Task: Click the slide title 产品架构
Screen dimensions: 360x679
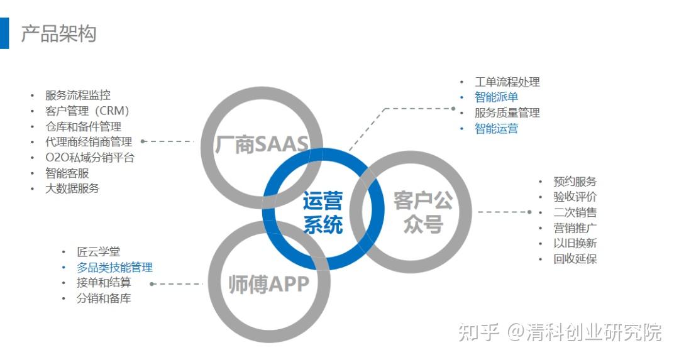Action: tap(58, 33)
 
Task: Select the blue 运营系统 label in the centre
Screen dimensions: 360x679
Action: tap(323, 212)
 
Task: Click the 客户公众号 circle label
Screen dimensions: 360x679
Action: tap(423, 212)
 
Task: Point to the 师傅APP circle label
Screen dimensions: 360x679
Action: tap(268, 284)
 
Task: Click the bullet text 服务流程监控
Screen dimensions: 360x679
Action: tap(77, 95)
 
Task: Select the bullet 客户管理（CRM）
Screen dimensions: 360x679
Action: tap(87, 111)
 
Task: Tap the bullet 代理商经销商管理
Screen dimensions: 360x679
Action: tap(88, 142)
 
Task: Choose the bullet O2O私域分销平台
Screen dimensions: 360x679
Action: tap(89, 158)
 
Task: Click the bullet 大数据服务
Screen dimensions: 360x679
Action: tap(72, 188)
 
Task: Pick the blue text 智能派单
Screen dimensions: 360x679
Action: tap(496, 97)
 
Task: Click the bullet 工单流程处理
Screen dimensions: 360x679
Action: tap(507, 82)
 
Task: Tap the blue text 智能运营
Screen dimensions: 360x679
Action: tap(496, 129)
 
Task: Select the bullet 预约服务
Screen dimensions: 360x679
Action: tap(575, 182)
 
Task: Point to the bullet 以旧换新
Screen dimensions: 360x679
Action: tap(575, 243)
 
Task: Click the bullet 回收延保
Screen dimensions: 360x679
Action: tap(575, 259)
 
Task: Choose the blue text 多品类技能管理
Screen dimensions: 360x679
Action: tap(114, 268)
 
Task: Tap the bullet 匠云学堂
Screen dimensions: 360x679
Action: tap(98, 252)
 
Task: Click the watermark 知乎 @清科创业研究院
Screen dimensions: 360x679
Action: tap(560, 332)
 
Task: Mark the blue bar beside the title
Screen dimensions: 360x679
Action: tap(4, 33)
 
